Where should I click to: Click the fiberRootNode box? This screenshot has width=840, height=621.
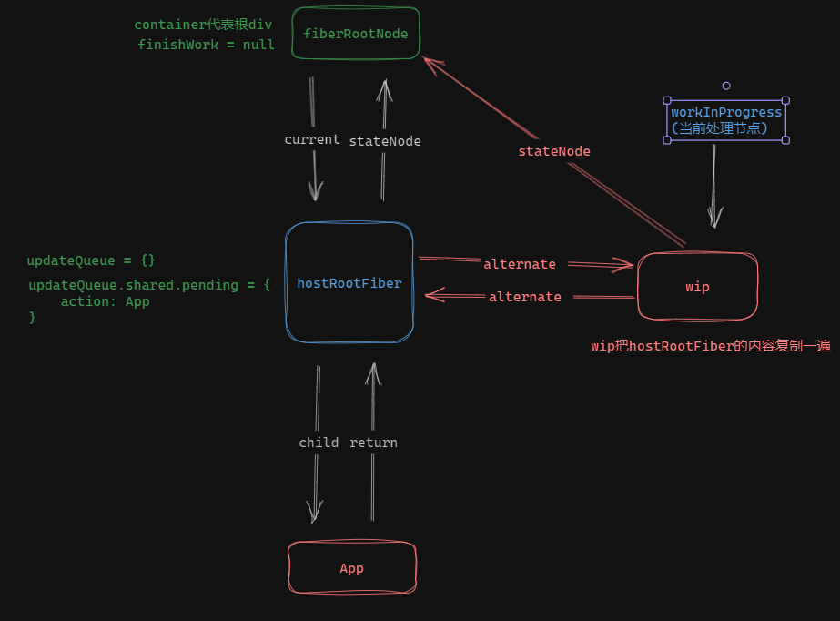tap(356, 34)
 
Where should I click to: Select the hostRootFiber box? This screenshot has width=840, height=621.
tap(349, 283)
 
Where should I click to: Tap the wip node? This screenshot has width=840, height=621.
tap(697, 287)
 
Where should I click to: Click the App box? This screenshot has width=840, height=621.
tap(351, 568)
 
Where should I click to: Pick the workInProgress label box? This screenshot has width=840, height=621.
tap(726, 120)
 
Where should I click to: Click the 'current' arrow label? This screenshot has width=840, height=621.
tap(312, 140)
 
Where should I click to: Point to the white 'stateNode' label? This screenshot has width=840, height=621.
tap(385, 141)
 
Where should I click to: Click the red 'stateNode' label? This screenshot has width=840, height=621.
tap(554, 151)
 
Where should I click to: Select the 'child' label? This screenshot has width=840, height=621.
tap(319, 443)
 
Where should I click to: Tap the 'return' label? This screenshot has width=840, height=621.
tap(373, 443)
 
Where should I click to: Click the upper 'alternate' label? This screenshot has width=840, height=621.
tap(520, 264)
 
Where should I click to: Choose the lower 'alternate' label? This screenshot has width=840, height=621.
tap(525, 297)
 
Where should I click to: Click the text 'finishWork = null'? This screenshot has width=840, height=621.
tap(207, 45)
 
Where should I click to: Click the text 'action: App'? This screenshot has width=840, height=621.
tap(105, 301)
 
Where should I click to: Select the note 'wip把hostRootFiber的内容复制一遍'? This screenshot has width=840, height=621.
tap(710, 346)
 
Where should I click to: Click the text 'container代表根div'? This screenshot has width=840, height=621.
tap(203, 25)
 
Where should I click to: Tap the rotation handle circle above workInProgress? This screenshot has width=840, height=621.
tap(726, 86)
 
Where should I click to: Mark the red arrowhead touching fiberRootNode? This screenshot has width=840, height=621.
tap(429, 62)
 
